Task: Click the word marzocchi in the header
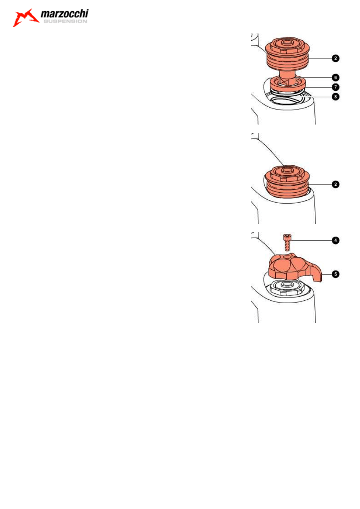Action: tap(64, 15)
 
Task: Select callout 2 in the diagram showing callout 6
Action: tap(335, 58)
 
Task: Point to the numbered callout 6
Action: tap(335, 77)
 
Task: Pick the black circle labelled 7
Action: tap(335, 87)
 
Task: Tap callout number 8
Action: tap(335, 97)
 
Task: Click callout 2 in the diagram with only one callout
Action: tap(335, 184)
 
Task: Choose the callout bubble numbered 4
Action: tap(335, 240)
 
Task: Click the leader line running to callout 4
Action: tap(310, 240)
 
